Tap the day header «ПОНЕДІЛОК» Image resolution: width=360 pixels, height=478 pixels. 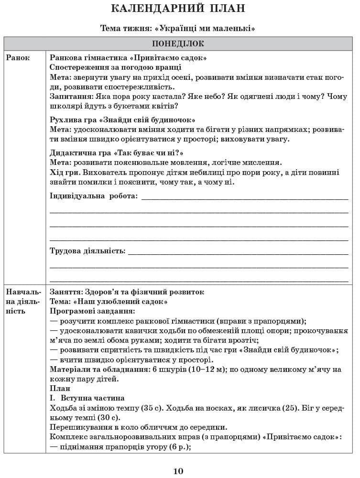click(178, 44)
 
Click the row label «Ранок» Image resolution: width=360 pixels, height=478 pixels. click(18, 58)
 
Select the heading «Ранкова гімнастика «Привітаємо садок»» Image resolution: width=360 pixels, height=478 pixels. click(128, 58)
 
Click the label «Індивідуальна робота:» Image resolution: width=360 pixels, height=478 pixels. click(94, 196)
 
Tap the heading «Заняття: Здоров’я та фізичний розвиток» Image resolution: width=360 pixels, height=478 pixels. click(127, 292)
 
